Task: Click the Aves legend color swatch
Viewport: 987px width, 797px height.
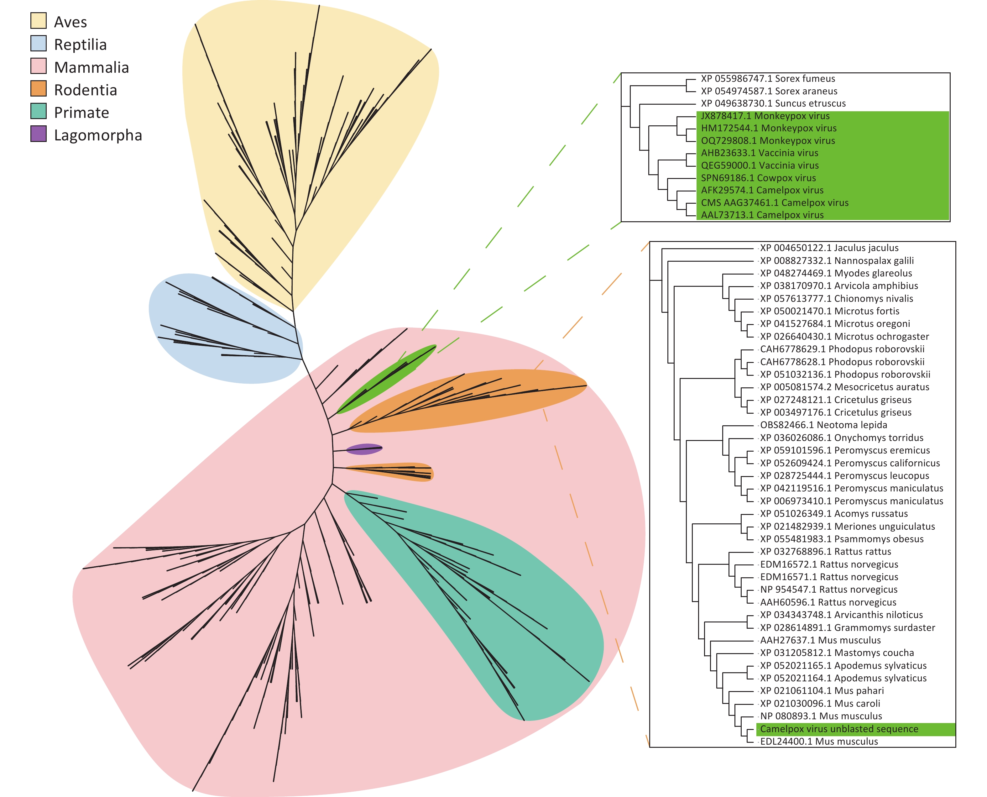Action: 38,21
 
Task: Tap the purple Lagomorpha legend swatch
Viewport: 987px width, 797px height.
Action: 38,134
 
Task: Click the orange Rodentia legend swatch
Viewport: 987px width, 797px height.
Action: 38,89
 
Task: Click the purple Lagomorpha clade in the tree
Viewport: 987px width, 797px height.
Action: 363,449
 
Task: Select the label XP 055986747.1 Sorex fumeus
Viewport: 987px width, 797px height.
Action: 768,79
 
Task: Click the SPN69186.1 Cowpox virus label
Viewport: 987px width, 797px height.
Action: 758,178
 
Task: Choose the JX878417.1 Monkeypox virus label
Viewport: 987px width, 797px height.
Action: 765,116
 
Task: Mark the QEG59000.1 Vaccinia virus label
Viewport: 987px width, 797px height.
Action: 760,165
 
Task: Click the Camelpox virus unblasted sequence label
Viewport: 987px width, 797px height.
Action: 839,729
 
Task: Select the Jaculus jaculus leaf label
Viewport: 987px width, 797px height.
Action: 829,248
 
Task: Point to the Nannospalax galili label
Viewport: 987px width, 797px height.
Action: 836,261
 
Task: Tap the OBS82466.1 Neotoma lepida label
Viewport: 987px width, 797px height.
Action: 823,425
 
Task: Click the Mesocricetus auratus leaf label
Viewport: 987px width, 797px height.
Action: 844,387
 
